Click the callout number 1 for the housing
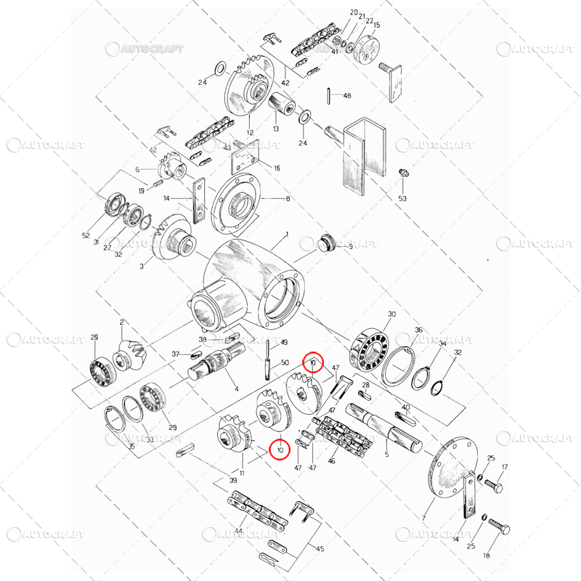[287, 235]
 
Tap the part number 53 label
[402, 198]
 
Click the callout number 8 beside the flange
[287, 198]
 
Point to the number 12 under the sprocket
[250, 133]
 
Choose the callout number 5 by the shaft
[386, 455]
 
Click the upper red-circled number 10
[312, 361]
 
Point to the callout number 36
[418, 330]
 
